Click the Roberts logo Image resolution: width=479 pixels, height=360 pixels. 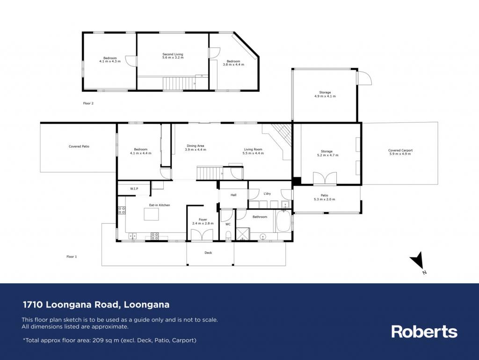point(424,331)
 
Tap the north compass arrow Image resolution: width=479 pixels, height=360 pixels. point(417,261)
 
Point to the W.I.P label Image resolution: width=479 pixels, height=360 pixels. point(134,189)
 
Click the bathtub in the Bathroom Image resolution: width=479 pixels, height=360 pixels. point(283,220)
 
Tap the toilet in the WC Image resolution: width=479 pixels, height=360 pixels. point(228,236)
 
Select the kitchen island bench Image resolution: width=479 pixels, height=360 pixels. point(152,214)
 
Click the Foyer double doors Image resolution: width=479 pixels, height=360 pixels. point(202,235)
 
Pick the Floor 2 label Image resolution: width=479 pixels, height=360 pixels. point(88,103)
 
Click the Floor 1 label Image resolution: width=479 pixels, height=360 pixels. point(72,257)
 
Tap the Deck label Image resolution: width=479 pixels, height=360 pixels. point(208,253)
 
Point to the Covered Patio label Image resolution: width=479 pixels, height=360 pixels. point(79,147)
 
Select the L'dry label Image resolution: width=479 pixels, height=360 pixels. point(267,193)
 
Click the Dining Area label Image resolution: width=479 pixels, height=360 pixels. point(196,146)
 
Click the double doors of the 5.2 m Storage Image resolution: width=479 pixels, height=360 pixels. point(325,178)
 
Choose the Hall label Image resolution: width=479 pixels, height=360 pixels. point(233,195)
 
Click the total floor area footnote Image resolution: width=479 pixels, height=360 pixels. point(109,340)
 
